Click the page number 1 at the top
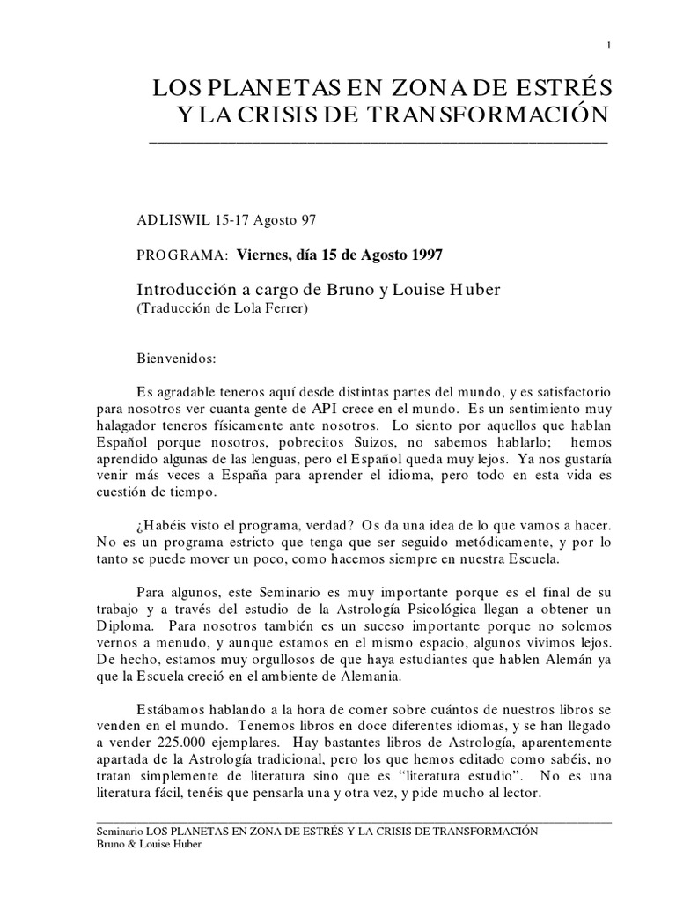pyautogui.click(x=608, y=46)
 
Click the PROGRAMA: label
pyautogui.click(x=183, y=255)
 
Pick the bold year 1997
pyautogui.click(x=421, y=255)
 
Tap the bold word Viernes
pyautogui.click(x=265, y=255)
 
